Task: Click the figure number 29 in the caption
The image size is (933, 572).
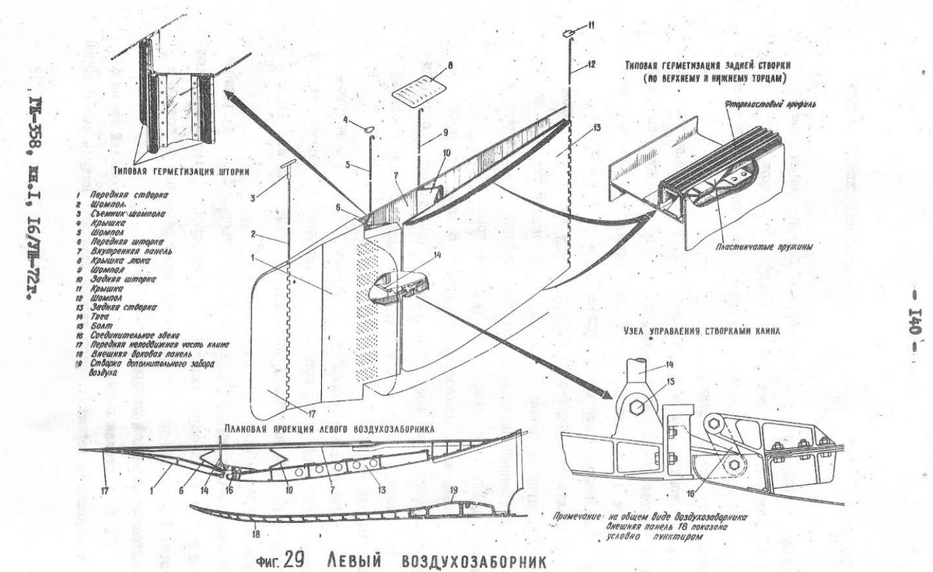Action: [x=292, y=559]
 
